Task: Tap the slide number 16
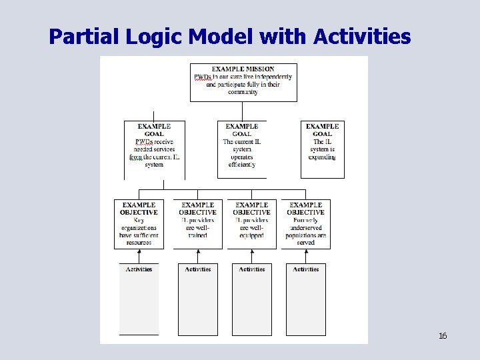(443, 335)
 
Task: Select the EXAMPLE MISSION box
(243, 82)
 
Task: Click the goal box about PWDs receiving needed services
(154, 149)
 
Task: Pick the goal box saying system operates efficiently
(241, 149)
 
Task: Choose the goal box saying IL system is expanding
(323, 149)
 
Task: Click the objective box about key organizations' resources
(139, 224)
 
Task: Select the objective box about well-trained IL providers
(197, 224)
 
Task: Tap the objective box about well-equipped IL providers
(252, 224)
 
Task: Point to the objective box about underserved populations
(306, 224)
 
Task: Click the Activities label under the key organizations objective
(139, 269)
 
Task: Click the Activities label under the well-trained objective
(197, 269)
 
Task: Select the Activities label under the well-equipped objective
(252, 269)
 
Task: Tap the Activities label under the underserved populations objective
(306, 269)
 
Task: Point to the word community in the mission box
(243, 92)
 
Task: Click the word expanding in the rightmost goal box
(323, 157)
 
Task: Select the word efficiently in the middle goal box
(241, 165)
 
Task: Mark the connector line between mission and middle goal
(241, 111)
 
